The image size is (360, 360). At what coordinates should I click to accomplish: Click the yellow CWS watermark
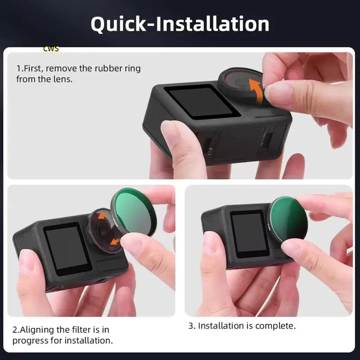point(51,48)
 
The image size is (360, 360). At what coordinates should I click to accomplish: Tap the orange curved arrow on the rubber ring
point(255,90)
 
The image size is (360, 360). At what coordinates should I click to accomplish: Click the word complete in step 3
point(278,325)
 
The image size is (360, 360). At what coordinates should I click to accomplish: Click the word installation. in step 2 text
point(89,341)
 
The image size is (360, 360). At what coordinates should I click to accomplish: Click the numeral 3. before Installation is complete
point(191,325)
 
